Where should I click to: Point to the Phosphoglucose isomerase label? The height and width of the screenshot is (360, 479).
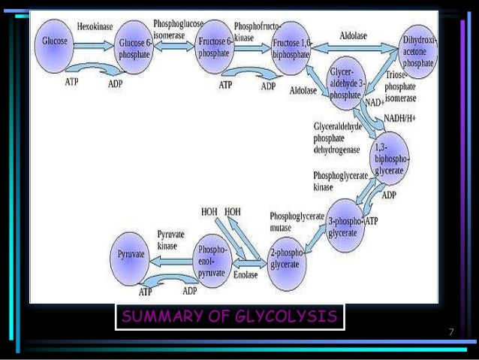[174, 29]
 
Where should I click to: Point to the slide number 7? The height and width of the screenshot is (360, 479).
[450, 331]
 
